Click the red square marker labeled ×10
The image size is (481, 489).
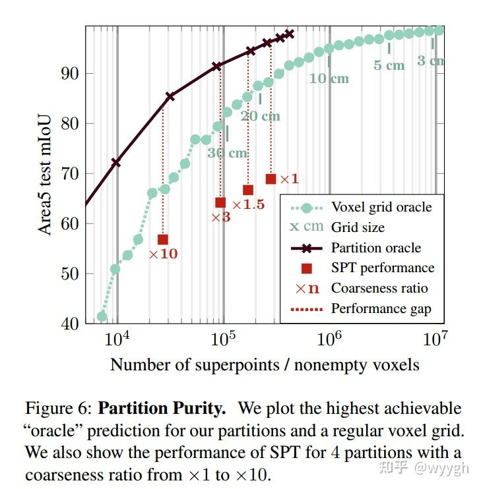[x=163, y=239]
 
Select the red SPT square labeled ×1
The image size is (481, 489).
[x=271, y=179]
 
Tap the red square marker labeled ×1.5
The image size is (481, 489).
[x=248, y=190]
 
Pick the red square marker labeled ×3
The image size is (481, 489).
[x=220, y=202]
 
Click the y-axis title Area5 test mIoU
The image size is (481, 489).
[x=45, y=173]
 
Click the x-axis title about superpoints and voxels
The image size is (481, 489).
[x=265, y=364]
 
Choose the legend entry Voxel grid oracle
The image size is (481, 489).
[x=381, y=207]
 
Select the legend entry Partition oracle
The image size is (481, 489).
[x=375, y=248]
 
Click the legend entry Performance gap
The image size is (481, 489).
[x=380, y=308]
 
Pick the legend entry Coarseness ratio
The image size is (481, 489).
[x=379, y=288]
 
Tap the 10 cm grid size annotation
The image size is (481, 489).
[x=329, y=78]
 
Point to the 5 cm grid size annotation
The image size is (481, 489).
[x=389, y=65]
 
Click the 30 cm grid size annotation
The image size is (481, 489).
[x=227, y=153]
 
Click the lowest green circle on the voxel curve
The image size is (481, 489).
[x=102, y=316]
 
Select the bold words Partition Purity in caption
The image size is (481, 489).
[x=162, y=409]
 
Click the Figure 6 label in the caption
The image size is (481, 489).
[x=60, y=409]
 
